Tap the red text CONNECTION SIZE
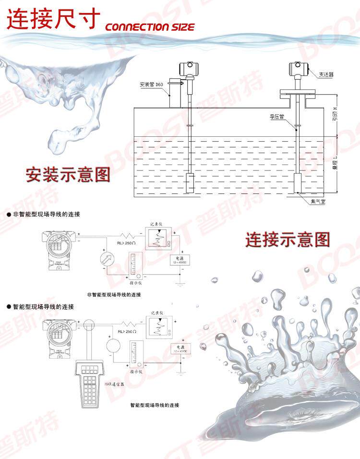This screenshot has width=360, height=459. tap(150, 27)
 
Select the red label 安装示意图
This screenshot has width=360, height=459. tap(68, 174)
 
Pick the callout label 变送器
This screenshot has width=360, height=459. tap(326, 74)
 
